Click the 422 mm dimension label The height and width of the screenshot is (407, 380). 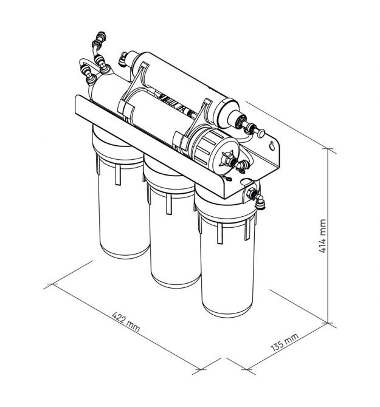tap(126, 322)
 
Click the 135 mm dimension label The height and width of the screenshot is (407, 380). tap(285, 342)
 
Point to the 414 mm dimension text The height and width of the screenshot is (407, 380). tap(322, 236)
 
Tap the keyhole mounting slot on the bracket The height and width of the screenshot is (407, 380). tap(272, 146)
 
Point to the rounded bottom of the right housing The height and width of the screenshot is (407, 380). tap(227, 309)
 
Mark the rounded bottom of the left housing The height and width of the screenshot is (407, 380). tap(125, 251)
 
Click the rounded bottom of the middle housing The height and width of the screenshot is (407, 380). tap(176, 280)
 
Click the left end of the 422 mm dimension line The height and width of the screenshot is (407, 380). tap(53, 284)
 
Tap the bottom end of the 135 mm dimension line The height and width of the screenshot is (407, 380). tap(247, 369)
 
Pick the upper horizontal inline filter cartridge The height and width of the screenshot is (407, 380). tap(185, 89)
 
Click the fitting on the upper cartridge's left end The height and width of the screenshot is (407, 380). tap(123, 59)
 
